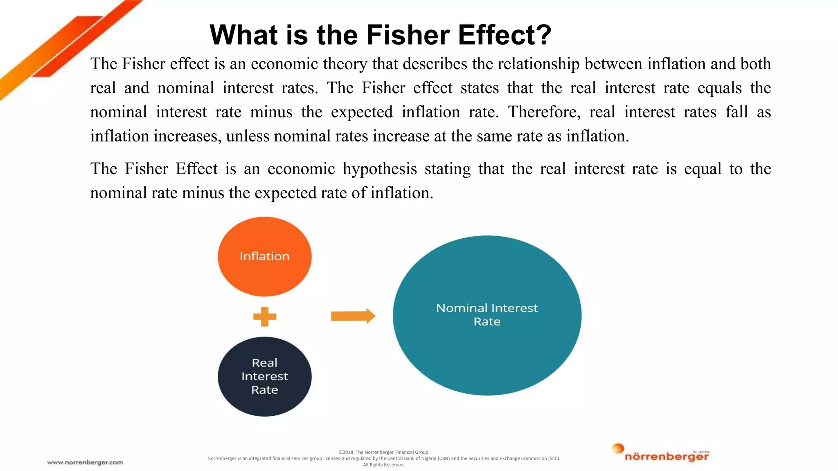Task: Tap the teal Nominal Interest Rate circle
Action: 487,352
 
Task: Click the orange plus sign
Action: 265,316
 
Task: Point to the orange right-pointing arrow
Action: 353,316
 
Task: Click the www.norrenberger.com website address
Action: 85,462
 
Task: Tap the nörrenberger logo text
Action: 667,457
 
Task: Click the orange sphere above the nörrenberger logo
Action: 618,449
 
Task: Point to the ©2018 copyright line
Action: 384,452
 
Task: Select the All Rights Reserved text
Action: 384,464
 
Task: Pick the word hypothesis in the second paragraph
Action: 380,169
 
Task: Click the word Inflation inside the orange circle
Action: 264,256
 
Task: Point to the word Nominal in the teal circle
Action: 462,308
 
